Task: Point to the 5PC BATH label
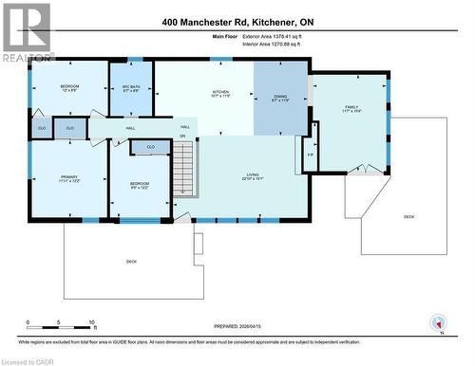(131, 87)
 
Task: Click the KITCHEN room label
(220, 92)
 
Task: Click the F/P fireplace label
(310, 154)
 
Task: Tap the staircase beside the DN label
(183, 166)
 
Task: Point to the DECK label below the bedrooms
(131, 261)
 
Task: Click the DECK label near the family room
(409, 216)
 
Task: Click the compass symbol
(437, 322)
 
